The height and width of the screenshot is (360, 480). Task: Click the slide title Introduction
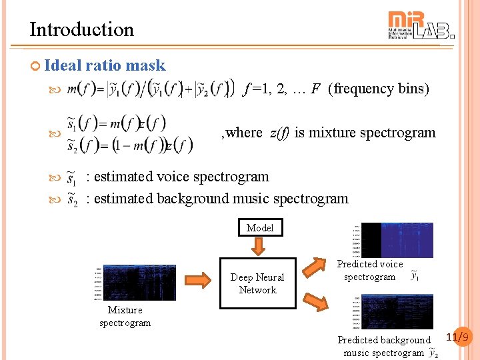tap(81, 29)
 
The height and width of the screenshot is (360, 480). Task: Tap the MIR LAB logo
tap(421, 26)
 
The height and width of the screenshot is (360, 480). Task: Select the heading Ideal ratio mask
tap(105, 65)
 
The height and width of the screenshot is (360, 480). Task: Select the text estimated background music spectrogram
tap(221, 199)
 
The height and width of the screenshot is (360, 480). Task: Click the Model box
tap(260, 228)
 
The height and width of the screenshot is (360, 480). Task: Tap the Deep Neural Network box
tap(257, 283)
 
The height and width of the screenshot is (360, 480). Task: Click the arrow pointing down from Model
tap(259, 247)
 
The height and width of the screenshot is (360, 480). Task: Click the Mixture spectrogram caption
tap(125, 317)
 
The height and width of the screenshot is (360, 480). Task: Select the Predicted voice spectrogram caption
tap(370, 271)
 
